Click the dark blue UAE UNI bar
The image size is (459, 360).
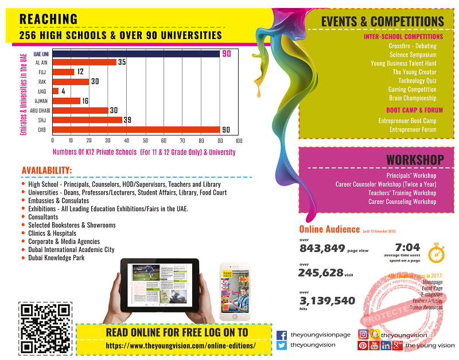point(136,53)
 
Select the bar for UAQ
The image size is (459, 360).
point(56,91)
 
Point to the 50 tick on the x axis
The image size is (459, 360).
point(145,140)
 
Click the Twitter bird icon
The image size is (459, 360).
point(282,346)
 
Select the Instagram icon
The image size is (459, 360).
point(363,335)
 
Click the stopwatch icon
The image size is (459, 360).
point(437,251)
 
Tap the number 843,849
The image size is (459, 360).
point(322,249)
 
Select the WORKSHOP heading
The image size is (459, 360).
point(415,159)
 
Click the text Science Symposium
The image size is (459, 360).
point(413,55)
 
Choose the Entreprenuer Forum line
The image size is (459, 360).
point(413,129)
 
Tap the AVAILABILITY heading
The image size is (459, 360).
point(47,170)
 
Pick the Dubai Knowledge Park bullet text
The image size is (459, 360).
point(56,258)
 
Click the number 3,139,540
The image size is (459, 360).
point(328,301)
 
